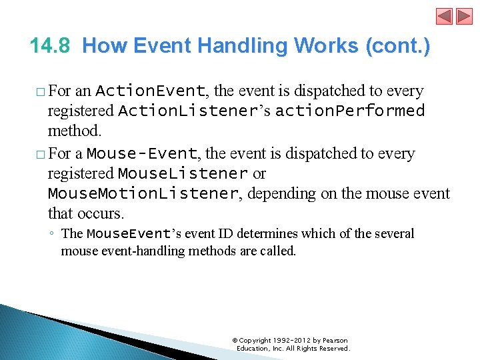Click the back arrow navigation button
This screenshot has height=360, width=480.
coord(444,17)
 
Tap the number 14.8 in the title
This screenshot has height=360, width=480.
coord(52,46)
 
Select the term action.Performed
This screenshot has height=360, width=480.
coord(350,111)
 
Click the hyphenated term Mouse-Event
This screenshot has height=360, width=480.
coord(142,154)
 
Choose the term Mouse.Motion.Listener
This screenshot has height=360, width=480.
coord(143,194)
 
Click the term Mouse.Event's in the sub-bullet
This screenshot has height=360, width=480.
coord(139,234)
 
